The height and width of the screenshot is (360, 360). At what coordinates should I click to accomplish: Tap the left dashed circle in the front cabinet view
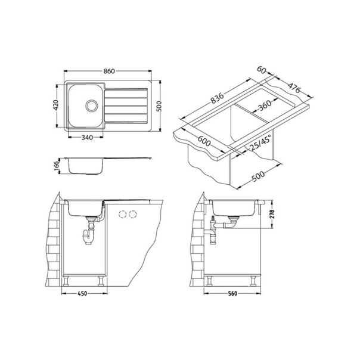tap(124, 215)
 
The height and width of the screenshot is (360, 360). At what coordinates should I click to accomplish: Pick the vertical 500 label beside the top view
tap(158, 106)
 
